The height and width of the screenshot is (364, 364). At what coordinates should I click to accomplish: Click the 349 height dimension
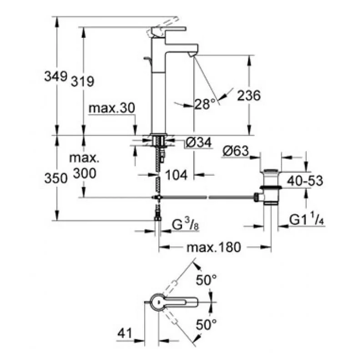[x=56, y=76]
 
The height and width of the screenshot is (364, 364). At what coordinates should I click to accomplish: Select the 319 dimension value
[x=82, y=81]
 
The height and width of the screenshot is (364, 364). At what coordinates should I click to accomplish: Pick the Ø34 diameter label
[x=198, y=143]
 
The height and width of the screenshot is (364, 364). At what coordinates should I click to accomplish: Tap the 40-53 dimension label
[x=304, y=181]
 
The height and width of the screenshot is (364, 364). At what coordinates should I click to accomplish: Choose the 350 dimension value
[x=56, y=179]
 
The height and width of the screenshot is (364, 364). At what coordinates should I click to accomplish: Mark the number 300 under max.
[x=84, y=173]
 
